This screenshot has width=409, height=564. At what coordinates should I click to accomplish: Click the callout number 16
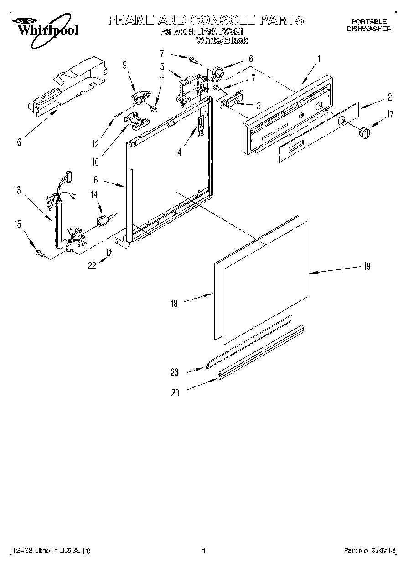point(17,142)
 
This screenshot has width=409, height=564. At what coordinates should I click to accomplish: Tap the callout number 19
point(366,266)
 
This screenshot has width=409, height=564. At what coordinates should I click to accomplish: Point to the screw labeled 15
point(38,253)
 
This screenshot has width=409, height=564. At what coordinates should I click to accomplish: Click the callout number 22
point(92,266)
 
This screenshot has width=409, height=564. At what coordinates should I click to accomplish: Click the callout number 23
point(175,372)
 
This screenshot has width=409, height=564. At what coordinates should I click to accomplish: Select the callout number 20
point(175,393)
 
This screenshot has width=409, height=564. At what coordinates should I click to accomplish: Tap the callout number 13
point(17,191)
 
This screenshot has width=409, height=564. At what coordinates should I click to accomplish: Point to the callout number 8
point(96,180)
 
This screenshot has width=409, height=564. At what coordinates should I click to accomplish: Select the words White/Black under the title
point(222,41)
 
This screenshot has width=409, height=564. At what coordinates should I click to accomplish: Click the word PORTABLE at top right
point(368,21)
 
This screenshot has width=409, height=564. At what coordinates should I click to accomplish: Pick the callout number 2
point(390,97)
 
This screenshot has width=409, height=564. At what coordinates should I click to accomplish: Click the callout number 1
point(319,58)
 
